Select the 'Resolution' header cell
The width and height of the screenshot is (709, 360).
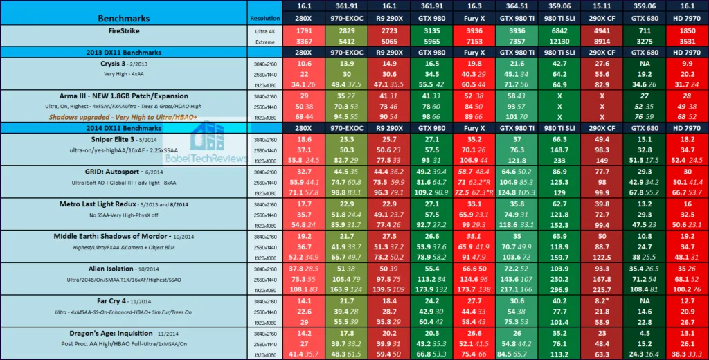pyautogui.click(x=264, y=19)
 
